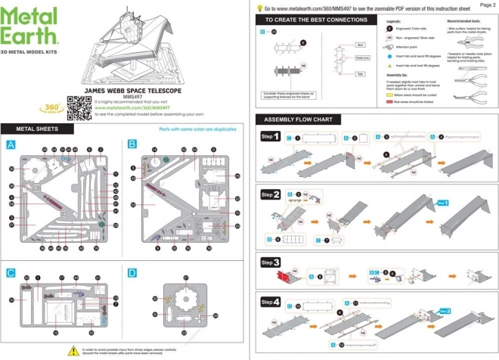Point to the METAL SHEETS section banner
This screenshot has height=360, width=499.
pos(33,128)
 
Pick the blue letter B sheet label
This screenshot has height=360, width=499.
pos(132,144)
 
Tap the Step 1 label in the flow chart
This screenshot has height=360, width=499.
pos(271,137)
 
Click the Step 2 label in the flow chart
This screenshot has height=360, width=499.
pos(271,194)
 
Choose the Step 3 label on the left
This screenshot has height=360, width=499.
pos(271,262)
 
